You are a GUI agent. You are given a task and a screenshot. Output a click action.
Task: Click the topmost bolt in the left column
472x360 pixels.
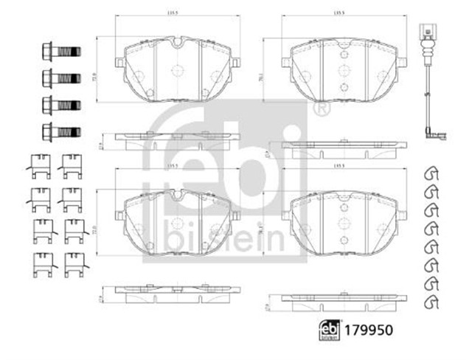(61, 52)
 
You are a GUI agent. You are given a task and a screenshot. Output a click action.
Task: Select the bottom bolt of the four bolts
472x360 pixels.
(61, 131)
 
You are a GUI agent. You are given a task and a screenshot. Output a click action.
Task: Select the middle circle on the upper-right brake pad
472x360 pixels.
(341, 71)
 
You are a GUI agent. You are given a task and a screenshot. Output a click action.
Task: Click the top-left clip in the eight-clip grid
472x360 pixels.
(41, 167)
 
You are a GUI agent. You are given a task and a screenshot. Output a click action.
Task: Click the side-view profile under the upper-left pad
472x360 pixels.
(177, 139)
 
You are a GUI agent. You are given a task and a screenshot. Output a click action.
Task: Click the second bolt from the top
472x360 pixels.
(61, 77)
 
